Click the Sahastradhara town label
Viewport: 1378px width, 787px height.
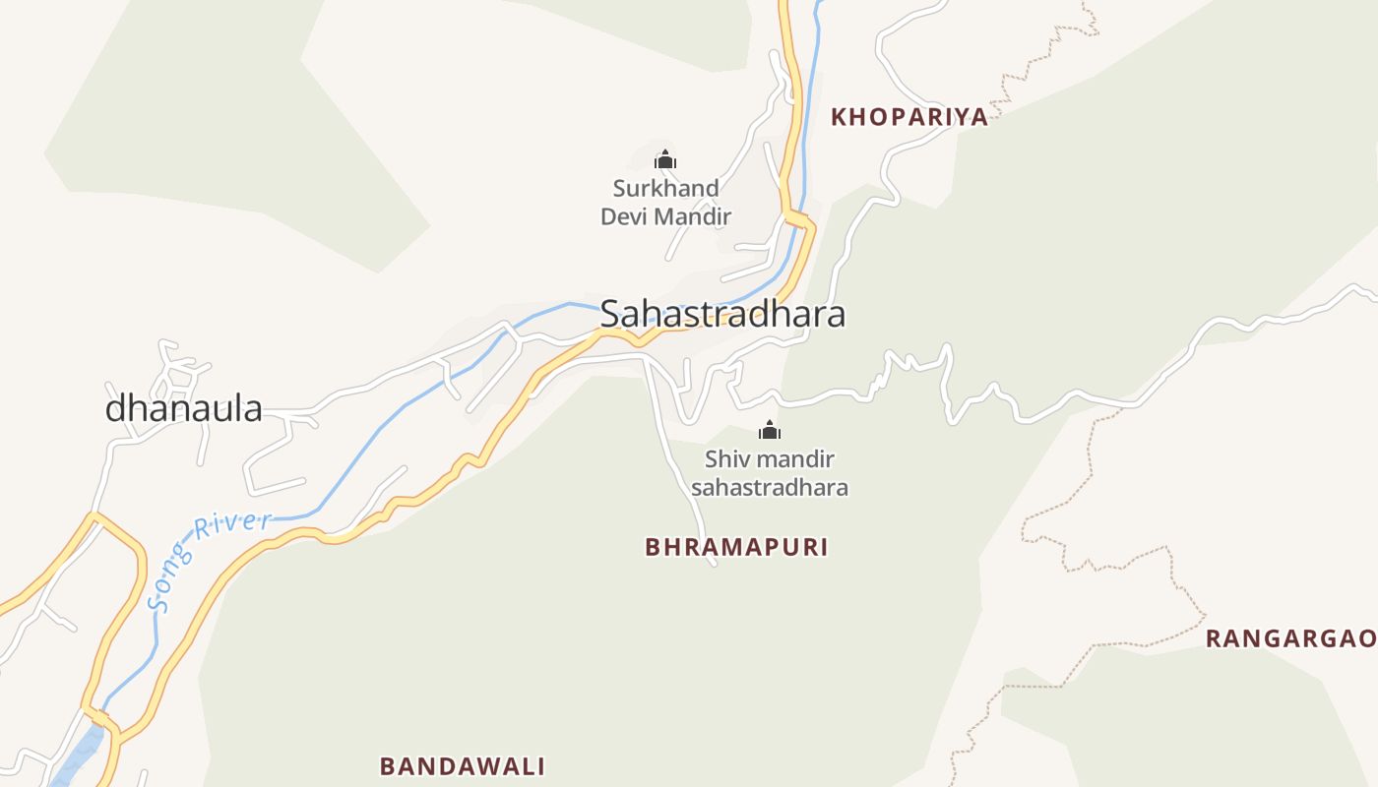coord(721,314)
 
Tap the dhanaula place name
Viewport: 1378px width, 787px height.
coord(184,408)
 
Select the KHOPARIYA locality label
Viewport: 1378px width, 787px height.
coord(908,117)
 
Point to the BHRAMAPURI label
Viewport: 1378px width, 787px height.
coord(736,547)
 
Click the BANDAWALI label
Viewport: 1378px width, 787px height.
coord(463,765)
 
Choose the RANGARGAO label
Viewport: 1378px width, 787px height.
coord(1290,638)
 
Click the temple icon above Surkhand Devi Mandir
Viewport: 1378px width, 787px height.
coord(665,159)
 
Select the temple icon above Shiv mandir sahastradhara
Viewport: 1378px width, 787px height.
coord(770,430)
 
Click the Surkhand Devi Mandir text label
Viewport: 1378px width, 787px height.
coord(666,202)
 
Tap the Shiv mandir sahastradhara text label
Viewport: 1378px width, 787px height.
coord(770,473)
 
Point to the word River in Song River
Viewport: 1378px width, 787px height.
coord(232,527)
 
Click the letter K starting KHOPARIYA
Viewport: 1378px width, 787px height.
coord(839,117)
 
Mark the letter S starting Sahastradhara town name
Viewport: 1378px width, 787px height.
coord(611,314)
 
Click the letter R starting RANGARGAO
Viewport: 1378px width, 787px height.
coord(1214,638)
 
